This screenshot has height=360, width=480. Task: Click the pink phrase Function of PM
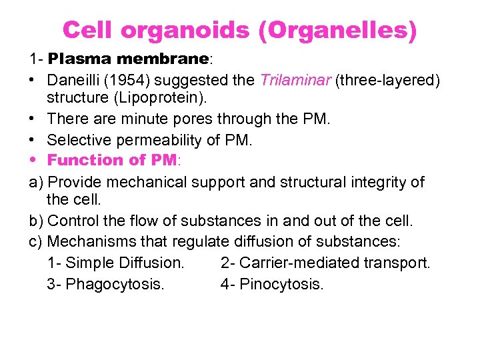click(111, 161)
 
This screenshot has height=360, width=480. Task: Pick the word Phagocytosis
click(114, 285)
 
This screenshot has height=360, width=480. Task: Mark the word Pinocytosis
click(281, 285)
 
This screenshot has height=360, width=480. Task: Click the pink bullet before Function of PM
click(33, 161)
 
